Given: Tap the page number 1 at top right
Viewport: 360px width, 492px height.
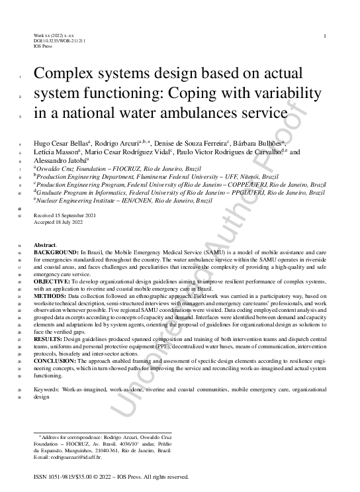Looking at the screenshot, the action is pyautogui.click(x=324, y=35).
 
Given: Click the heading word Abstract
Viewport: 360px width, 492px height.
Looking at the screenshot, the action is pyautogui.click(x=45, y=245).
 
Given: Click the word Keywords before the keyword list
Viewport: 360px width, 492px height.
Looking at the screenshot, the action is pyautogui.click(x=48, y=391).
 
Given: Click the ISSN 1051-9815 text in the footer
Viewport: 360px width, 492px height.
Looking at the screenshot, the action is pyautogui.click(x=55, y=477).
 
